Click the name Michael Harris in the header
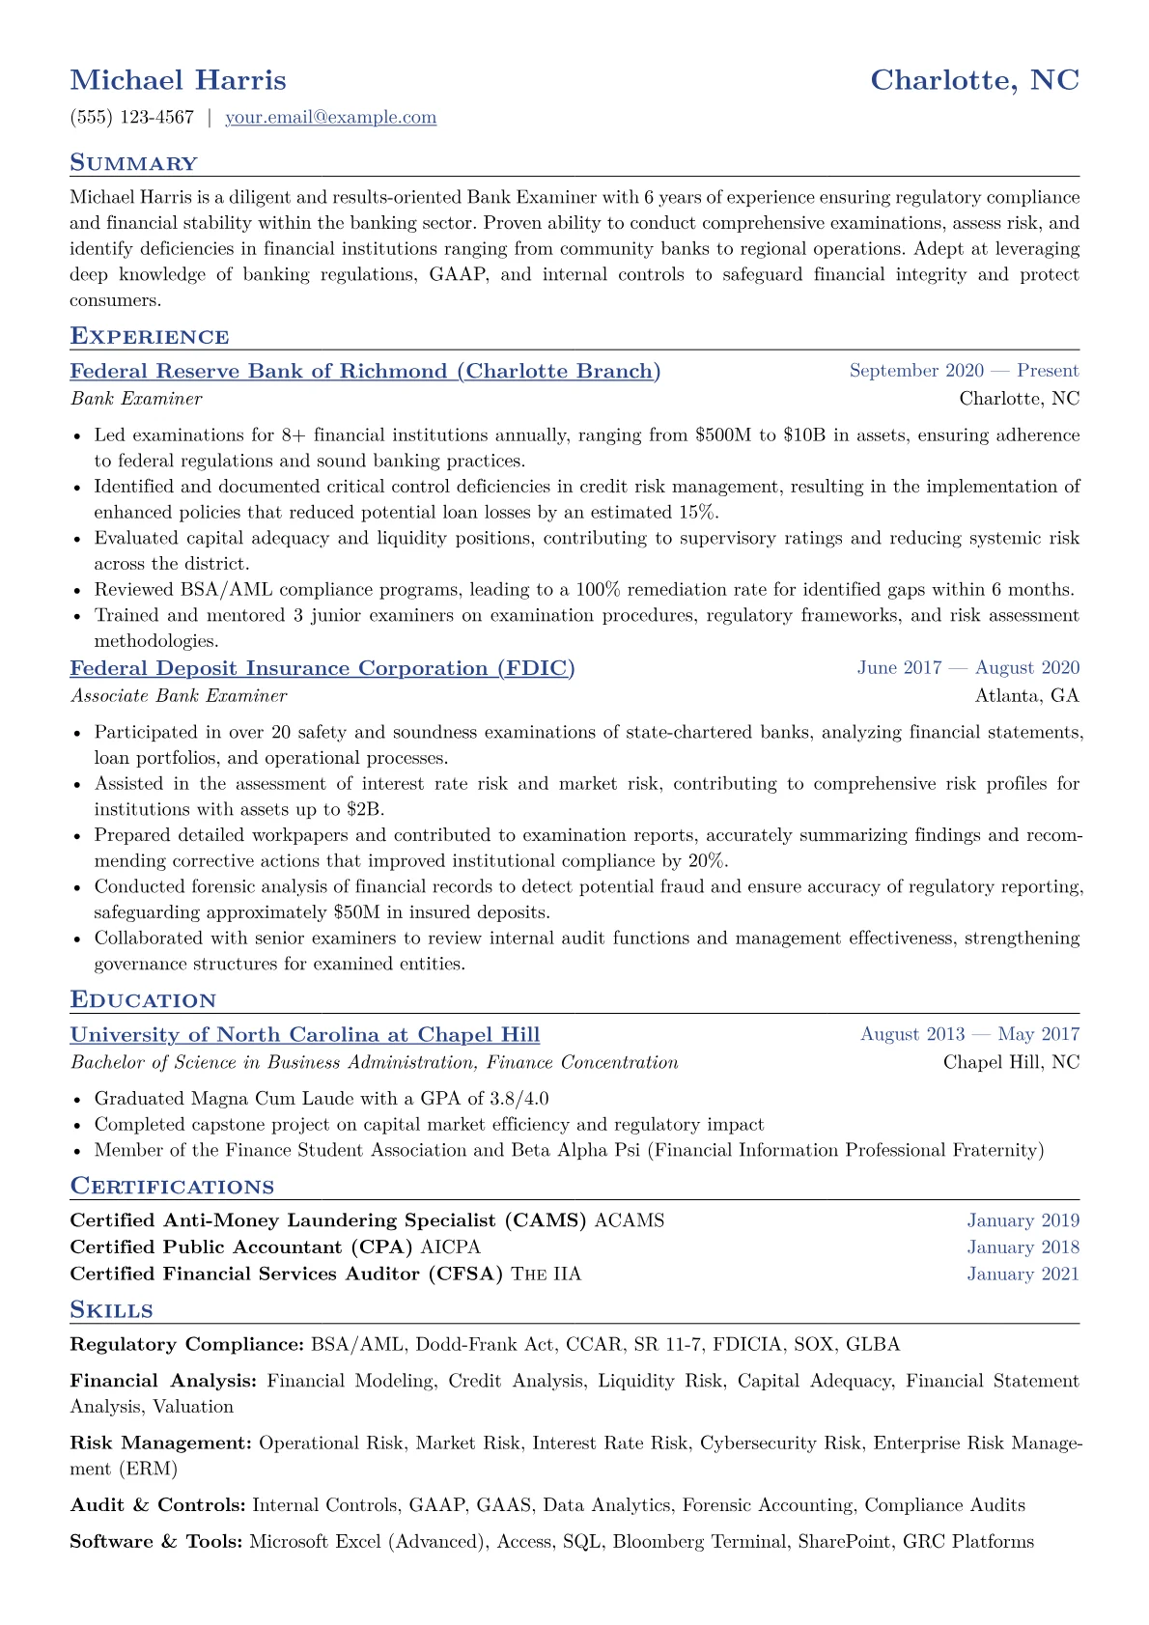pos(178,80)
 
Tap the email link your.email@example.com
pos(330,118)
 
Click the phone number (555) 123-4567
pos(132,118)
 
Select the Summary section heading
pos(133,163)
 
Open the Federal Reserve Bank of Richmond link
pos(365,372)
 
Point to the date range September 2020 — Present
pos(964,371)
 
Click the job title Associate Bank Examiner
pos(179,695)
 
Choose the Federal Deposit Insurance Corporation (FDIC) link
pos(322,668)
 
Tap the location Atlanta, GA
pos(1027,695)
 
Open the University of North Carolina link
pos(305,1035)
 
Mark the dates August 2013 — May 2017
pos(969,1034)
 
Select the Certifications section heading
pos(172,1187)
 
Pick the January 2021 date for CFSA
pos(1023,1275)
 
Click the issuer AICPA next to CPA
pos(450,1247)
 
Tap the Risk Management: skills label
pos(161,1443)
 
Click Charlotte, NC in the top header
pos(974,80)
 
